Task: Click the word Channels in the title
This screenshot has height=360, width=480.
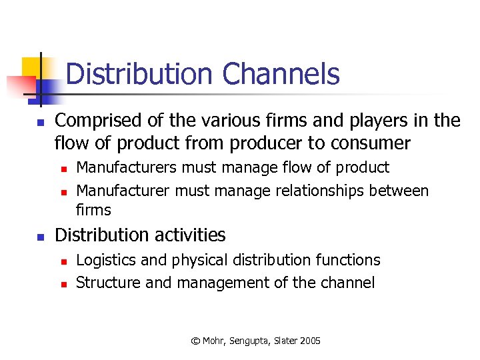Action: coord(281,74)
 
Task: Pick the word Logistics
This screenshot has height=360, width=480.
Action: coord(103,260)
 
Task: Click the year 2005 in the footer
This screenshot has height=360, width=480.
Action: coord(310,341)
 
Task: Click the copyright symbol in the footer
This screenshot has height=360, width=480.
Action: coord(195,341)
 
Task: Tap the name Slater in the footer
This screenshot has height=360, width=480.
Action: coord(285,341)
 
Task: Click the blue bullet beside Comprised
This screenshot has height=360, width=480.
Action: coord(40,123)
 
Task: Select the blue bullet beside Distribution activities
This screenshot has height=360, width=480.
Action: coord(40,237)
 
